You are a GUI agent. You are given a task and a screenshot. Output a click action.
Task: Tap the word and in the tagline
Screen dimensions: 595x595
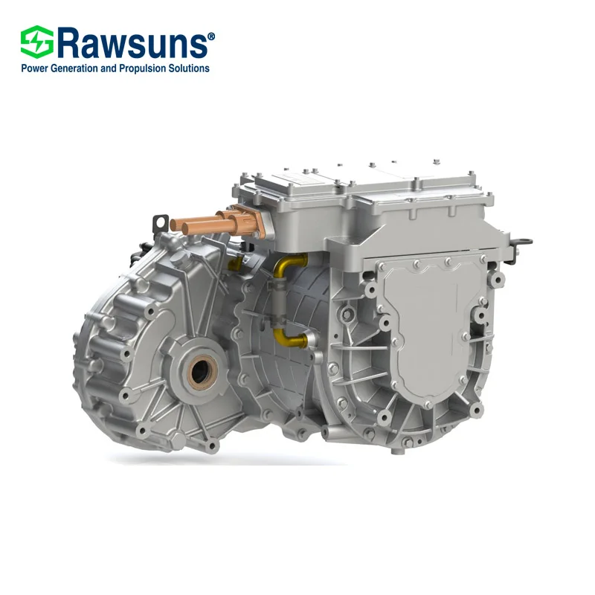pyautogui.click(x=120, y=68)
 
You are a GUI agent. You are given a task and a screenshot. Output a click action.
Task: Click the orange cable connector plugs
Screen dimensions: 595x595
pyautogui.click(x=212, y=221)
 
